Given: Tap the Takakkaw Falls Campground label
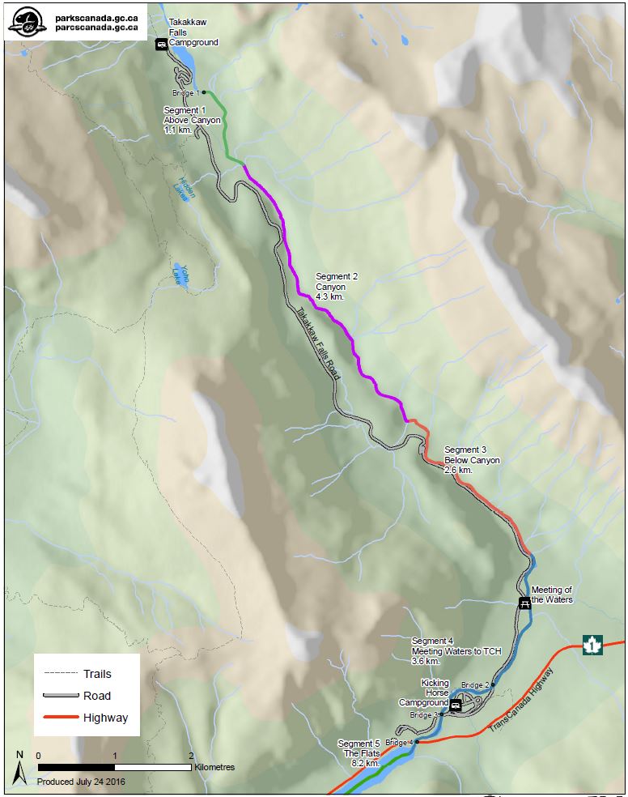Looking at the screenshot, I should (193, 32).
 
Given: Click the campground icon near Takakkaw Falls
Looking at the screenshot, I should (161, 44).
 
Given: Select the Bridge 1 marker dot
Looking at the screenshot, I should (204, 92).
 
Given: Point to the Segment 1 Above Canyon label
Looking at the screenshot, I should (192, 119).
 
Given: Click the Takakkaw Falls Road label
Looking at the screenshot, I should (317, 343).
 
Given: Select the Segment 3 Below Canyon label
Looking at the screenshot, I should (472, 459).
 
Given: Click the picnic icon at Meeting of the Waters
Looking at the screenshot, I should (524, 602).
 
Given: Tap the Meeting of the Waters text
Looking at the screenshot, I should (553, 595).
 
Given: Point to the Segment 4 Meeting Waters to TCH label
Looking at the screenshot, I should (456, 650).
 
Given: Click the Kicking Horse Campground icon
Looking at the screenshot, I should (455, 705).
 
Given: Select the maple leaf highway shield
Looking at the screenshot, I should (593, 646).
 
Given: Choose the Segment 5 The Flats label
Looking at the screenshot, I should (359, 753).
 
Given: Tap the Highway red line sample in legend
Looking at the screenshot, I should (60, 717).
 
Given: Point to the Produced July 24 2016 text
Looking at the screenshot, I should (80, 782).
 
